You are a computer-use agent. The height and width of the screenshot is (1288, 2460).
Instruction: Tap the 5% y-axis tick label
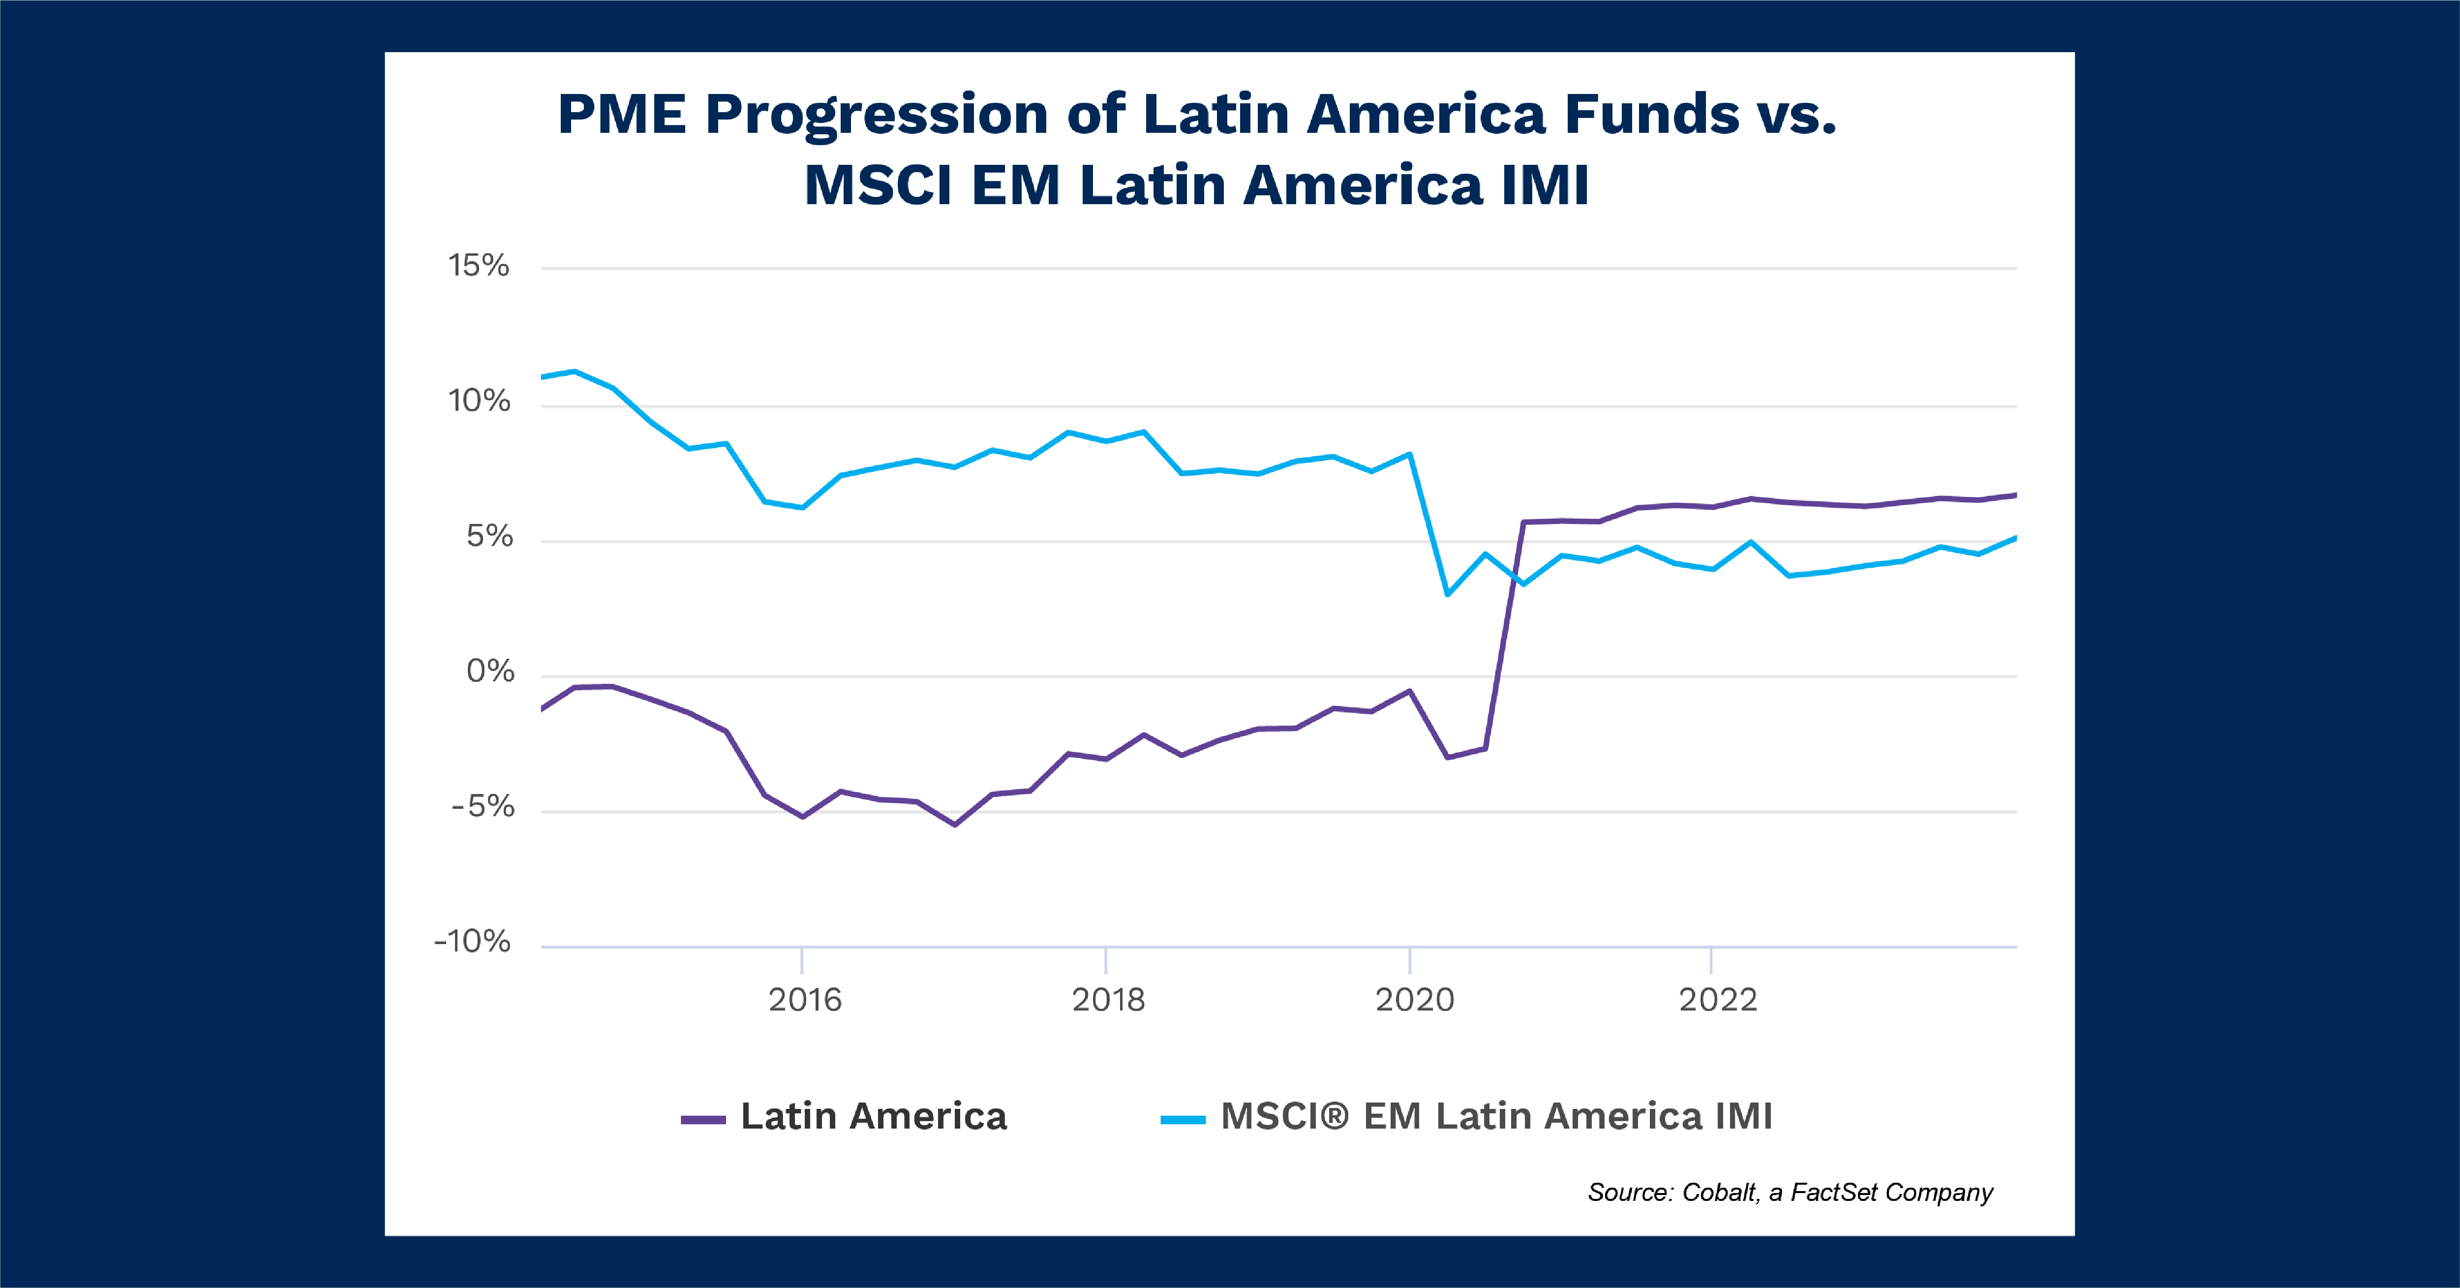(x=489, y=537)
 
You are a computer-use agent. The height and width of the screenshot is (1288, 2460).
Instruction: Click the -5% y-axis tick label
(x=483, y=807)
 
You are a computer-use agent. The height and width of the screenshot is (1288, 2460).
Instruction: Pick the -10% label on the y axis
(x=473, y=942)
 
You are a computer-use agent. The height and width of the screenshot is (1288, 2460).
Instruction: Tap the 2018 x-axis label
(x=1108, y=1000)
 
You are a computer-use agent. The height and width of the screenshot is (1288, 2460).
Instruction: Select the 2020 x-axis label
(x=1414, y=1000)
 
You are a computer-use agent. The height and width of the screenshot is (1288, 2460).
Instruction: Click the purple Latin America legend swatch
(x=703, y=1119)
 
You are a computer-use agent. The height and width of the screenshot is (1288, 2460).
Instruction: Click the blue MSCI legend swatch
(x=1182, y=1119)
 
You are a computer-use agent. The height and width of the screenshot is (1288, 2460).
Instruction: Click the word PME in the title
(x=622, y=115)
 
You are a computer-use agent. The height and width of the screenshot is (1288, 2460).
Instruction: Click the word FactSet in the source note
(x=1833, y=1193)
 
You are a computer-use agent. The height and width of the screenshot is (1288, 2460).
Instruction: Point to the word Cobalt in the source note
(x=1719, y=1193)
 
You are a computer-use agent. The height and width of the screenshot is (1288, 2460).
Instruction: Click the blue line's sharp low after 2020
(x=1448, y=594)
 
